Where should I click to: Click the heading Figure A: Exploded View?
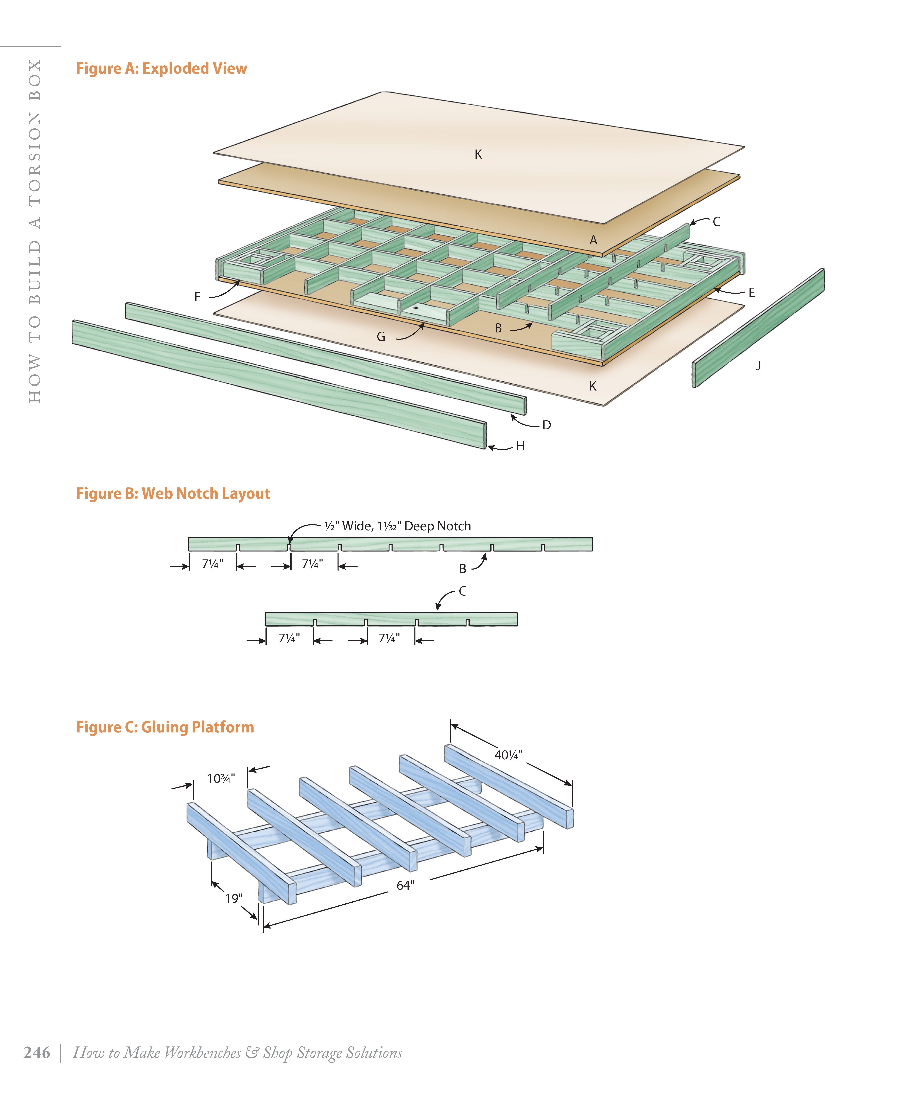coord(161,68)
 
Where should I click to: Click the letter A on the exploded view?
coord(593,240)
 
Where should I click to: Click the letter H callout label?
coord(520,446)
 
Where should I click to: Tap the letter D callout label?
coord(546,425)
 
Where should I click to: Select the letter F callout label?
coord(197,297)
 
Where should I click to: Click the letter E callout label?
coord(751,293)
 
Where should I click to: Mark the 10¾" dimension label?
coord(221,779)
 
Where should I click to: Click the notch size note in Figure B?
coord(397,526)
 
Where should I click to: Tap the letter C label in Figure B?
coord(462,591)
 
